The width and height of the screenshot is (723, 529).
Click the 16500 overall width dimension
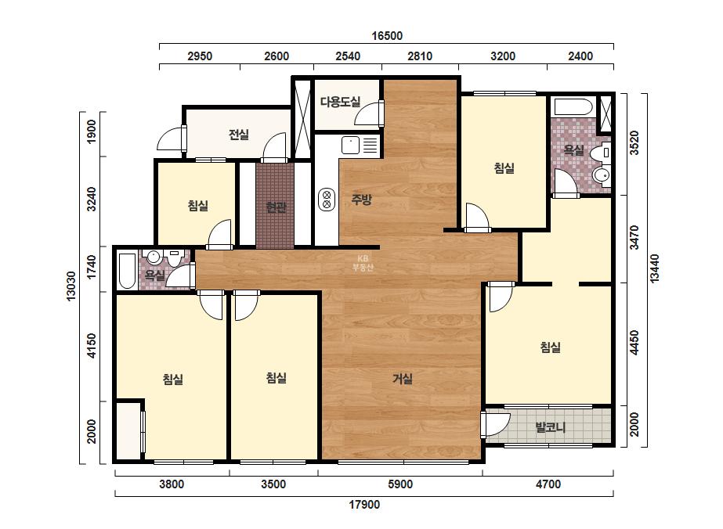click(387, 36)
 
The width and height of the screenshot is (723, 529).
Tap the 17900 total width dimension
click(364, 505)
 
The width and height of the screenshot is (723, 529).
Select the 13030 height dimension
click(71, 286)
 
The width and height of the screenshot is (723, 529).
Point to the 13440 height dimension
click(654, 268)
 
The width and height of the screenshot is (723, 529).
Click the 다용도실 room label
click(340, 102)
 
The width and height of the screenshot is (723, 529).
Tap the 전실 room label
click(239, 135)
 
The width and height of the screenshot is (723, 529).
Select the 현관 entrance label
click(276, 207)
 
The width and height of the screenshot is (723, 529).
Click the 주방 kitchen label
click(361, 200)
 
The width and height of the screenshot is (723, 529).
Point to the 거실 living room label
click(403, 379)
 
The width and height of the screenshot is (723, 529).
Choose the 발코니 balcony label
click(550, 427)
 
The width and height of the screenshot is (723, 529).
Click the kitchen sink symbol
click(350, 145)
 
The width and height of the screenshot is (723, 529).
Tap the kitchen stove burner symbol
click(327, 200)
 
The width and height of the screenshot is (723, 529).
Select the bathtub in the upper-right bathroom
click(573, 107)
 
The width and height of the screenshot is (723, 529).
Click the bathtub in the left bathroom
click(127, 271)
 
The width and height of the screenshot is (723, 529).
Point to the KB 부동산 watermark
click(363, 263)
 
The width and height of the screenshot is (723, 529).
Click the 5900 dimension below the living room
click(400, 484)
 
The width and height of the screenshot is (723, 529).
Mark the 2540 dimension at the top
click(348, 56)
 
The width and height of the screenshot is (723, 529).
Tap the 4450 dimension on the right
click(634, 343)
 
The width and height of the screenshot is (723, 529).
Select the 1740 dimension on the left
click(92, 267)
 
